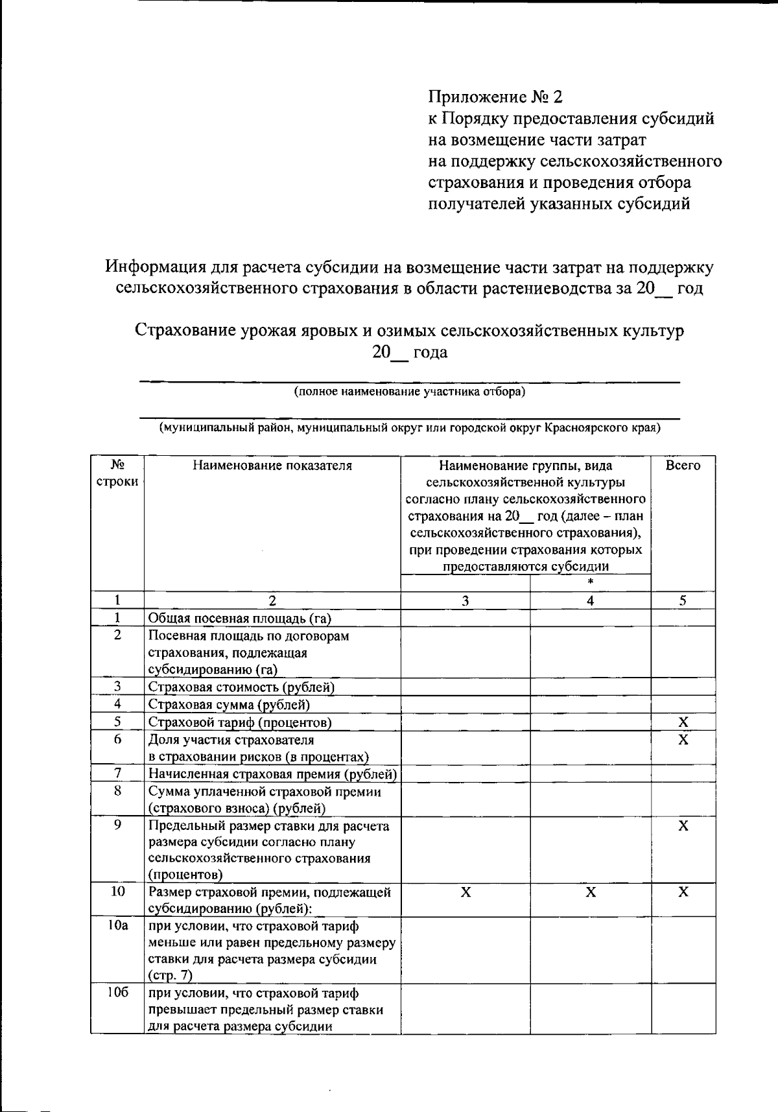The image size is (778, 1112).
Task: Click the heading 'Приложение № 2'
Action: [x=495, y=97]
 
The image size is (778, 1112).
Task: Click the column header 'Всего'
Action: [x=683, y=466]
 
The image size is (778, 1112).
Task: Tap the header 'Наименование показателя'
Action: [x=272, y=466]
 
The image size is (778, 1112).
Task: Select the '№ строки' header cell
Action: [x=117, y=473]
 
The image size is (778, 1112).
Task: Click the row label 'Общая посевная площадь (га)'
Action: [x=240, y=618]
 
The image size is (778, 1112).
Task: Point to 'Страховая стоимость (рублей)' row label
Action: [x=241, y=687]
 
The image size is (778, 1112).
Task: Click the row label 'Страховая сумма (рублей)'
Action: [x=229, y=704]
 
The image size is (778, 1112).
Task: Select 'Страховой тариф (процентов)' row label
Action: [x=240, y=722]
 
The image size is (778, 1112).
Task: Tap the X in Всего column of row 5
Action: [x=683, y=722]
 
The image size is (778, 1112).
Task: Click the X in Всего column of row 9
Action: [x=683, y=825]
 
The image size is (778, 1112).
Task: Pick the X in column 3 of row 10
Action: [x=465, y=892]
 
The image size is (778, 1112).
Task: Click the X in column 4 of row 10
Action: [x=590, y=892]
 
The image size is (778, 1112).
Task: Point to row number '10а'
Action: [x=117, y=925]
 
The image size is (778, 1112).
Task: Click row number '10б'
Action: [x=117, y=993]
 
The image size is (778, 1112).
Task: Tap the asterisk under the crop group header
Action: [x=590, y=582]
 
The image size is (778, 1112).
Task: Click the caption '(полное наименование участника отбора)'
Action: [x=409, y=392]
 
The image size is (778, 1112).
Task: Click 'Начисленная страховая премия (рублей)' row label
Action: [x=272, y=774]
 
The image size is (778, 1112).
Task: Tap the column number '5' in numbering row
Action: [x=683, y=600]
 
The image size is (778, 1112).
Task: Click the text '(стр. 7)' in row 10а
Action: [x=170, y=975]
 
